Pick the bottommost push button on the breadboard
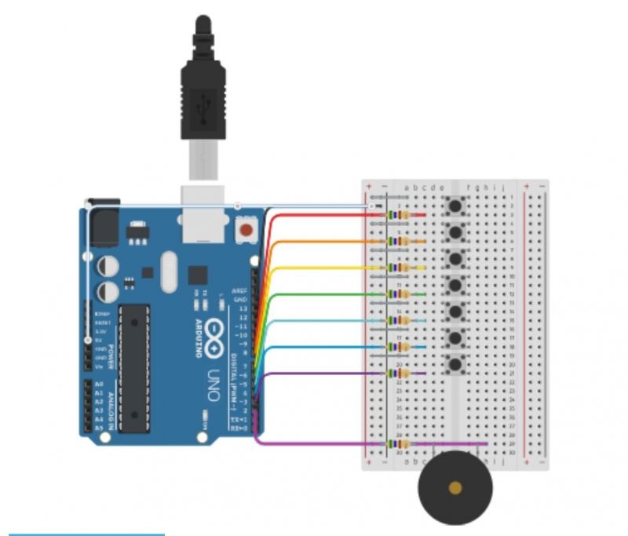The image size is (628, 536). pos(455,363)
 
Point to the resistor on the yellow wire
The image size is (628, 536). pos(403,268)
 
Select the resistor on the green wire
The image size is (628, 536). pos(403,294)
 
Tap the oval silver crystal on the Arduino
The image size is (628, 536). pos(167,272)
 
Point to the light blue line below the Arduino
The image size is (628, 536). pos(86,534)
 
